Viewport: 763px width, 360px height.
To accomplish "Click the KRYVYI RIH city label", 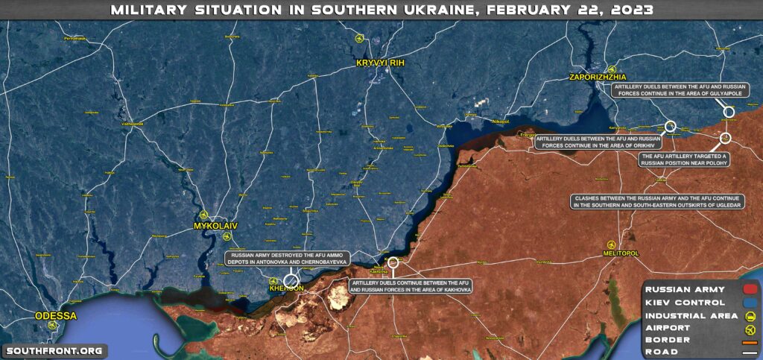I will [379, 62].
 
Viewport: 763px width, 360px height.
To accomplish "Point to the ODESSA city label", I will [56, 315].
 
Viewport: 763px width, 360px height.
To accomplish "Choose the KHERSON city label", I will [288, 288].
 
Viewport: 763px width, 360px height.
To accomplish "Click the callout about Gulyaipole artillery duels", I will [668, 90].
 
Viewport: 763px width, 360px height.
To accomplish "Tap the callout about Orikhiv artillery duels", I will [598, 142].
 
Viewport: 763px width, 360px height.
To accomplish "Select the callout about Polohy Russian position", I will [683, 160].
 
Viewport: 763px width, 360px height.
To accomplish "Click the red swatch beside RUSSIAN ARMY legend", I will [750, 289].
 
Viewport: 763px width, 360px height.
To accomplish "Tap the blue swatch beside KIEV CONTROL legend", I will [750, 302].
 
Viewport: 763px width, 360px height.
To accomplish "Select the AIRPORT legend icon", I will [750, 327].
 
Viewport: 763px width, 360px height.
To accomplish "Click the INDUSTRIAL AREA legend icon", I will [750, 315].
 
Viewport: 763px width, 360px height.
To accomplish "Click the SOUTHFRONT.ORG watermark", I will [54, 350].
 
